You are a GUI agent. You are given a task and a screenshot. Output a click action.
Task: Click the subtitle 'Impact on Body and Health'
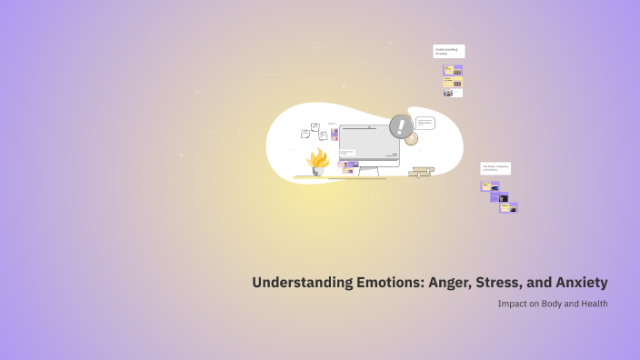[552, 304]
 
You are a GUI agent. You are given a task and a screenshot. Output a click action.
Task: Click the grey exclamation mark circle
[400, 125]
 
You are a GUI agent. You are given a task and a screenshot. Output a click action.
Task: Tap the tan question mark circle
[411, 139]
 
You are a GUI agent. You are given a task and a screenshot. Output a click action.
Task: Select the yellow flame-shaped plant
[317, 158]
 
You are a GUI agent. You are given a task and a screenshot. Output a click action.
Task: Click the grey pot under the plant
[318, 171]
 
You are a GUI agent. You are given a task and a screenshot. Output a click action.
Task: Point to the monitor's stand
[369, 172]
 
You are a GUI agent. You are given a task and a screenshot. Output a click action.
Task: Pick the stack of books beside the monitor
[421, 171]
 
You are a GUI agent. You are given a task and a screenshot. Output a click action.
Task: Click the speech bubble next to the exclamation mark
[425, 123]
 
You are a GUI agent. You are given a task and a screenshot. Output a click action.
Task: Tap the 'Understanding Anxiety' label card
[448, 52]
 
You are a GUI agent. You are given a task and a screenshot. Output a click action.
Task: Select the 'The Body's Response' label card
[495, 168]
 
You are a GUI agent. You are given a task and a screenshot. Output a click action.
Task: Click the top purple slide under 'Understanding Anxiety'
[453, 70]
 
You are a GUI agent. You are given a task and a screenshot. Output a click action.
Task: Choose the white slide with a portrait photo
[453, 93]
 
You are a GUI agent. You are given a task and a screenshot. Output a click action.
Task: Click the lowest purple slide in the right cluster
[508, 207]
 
